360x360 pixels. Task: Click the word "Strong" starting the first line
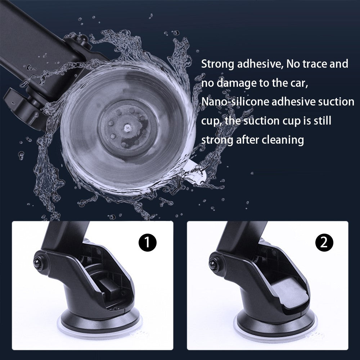[x=217, y=64]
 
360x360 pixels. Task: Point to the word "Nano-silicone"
[x=235, y=102]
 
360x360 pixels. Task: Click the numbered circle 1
[x=147, y=242]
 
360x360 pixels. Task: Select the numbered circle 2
[x=324, y=242]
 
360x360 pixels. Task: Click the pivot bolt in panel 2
[x=214, y=264]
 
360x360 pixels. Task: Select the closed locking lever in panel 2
[x=289, y=294]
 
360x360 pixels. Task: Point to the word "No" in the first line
[x=293, y=64]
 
